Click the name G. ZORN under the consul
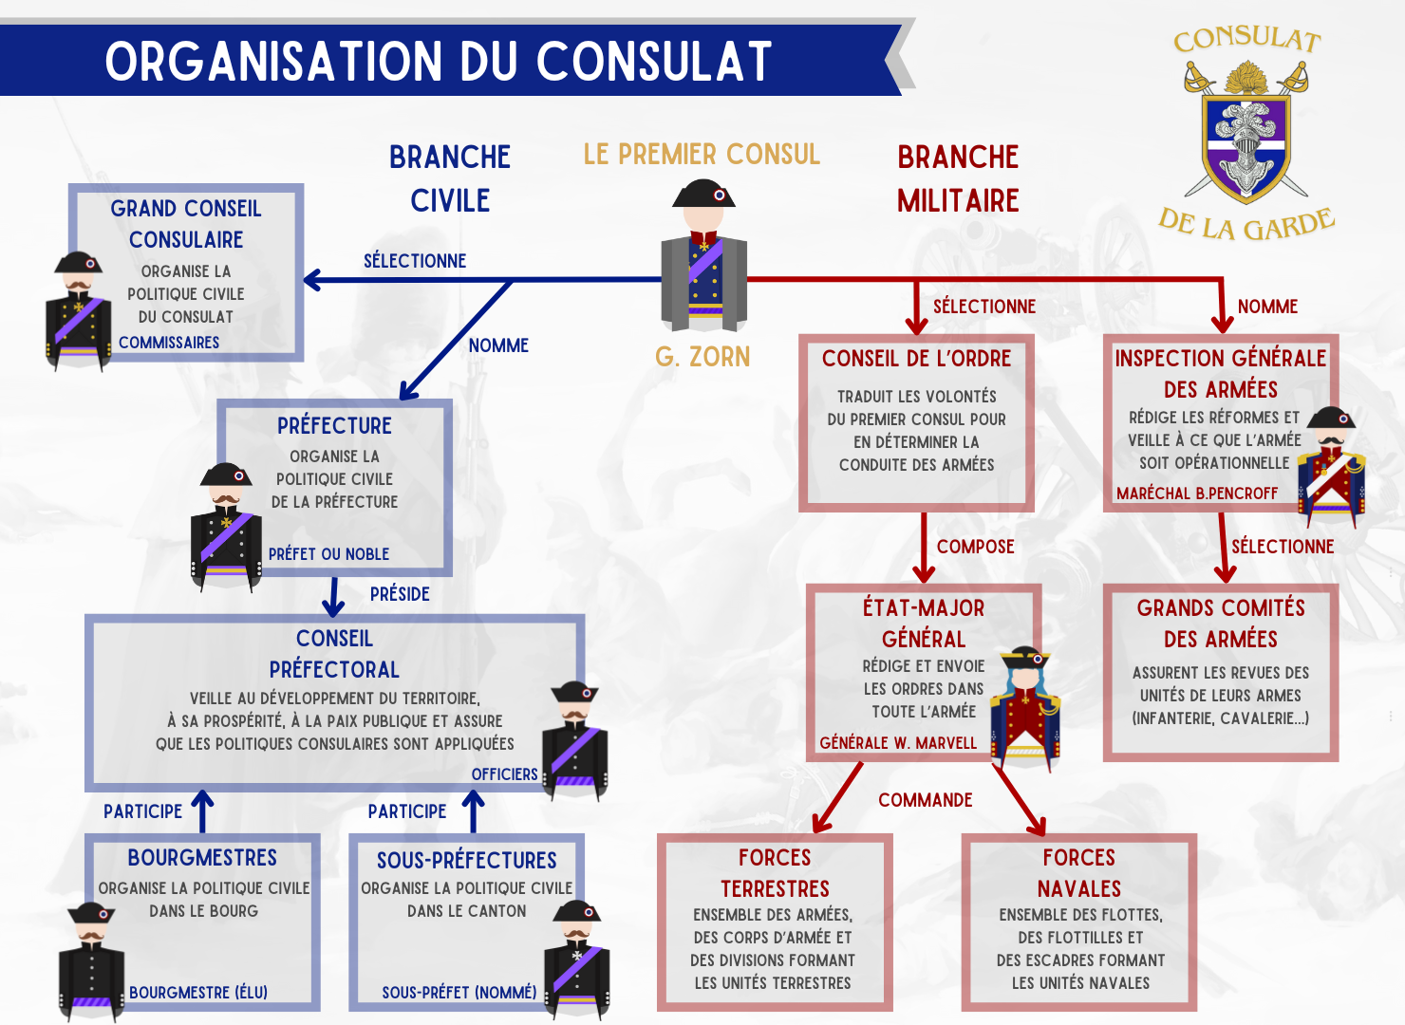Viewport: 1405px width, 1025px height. tap(702, 357)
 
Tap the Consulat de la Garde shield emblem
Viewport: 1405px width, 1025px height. tap(1245, 142)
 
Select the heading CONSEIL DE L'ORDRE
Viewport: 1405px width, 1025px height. tap(916, 359)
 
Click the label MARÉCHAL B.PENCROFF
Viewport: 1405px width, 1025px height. tap(1197, 494)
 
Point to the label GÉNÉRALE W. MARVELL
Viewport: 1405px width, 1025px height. tap(898, 743)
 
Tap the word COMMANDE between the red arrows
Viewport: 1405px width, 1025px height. tap(926, 800)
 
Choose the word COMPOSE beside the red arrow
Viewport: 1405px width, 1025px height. tap(976, 547)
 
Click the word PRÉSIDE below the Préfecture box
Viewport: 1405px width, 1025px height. tap(400, 594)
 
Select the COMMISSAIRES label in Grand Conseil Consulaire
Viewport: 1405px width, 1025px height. tap(169, 343)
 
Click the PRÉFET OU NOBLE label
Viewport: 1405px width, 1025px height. tap(328, 554)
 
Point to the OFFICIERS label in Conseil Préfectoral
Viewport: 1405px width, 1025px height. tap(504, 774)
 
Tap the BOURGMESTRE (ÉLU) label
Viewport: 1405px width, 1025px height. tap(198, 993)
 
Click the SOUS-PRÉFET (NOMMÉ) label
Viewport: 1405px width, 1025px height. tap(459, 993)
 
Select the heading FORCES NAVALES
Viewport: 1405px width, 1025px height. tap(1079, 873)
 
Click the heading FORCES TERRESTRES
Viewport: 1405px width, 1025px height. tap(775, 873)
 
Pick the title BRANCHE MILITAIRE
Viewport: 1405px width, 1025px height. tap(958, 178)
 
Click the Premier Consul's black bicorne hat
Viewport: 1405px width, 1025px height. tap(703, 194)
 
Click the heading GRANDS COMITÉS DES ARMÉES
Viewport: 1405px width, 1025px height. tap(1221, 624)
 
